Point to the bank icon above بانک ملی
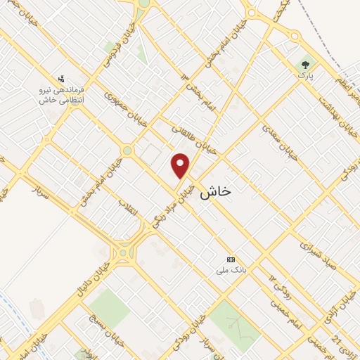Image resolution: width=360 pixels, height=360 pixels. (232, 259)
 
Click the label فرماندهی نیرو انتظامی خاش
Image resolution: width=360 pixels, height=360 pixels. (63, 96)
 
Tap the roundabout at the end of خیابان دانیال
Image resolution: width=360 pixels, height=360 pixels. (124, 252)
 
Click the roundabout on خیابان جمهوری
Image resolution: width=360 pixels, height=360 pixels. (127, 150)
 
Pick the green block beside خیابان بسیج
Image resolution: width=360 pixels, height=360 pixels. (108, 308)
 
